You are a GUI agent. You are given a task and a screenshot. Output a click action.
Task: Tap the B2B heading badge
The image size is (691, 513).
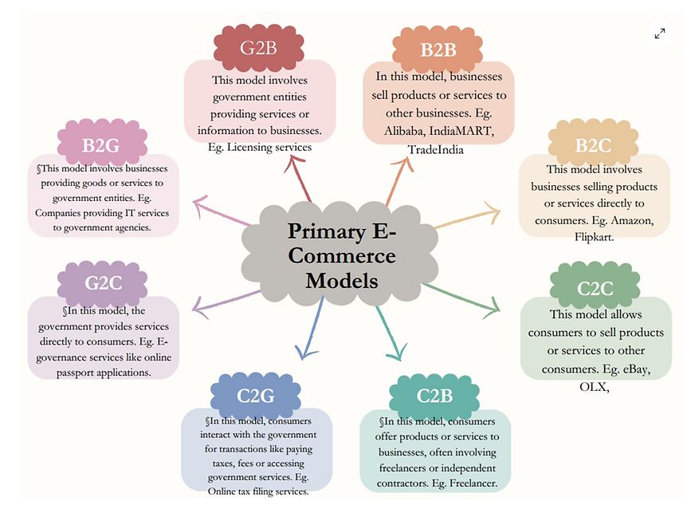438,49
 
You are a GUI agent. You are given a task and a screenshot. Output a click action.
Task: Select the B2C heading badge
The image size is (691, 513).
592,145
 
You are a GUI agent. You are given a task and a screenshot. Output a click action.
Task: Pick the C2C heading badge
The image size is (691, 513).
595,288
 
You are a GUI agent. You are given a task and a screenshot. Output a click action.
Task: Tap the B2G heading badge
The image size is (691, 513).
102,145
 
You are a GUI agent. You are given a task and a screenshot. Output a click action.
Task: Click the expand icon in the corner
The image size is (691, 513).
660,34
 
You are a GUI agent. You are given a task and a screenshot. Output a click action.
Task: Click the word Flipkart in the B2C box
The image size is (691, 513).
594,237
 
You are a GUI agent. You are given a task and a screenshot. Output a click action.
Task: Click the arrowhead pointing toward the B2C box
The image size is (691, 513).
492,212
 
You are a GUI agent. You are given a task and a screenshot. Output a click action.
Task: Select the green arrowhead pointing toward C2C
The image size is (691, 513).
491,306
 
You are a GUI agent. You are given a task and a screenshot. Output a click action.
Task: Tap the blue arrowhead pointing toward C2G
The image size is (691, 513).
302,349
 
